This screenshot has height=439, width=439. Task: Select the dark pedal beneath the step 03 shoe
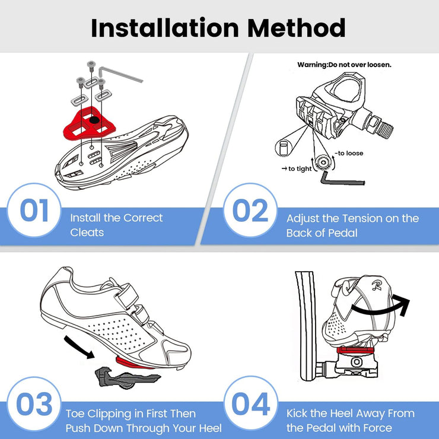(122, 375)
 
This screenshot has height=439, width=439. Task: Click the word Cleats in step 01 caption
(87, 233)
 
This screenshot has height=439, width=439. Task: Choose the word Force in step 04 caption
(376, 428)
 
